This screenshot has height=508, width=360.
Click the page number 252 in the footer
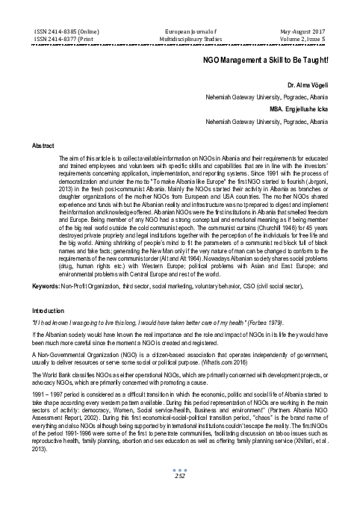tap(179, 494)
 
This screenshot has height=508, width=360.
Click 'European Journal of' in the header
tap(179, 25)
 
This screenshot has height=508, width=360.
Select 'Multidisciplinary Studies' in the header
tap(179, 33)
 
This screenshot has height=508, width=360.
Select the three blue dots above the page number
tap(179, 487)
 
